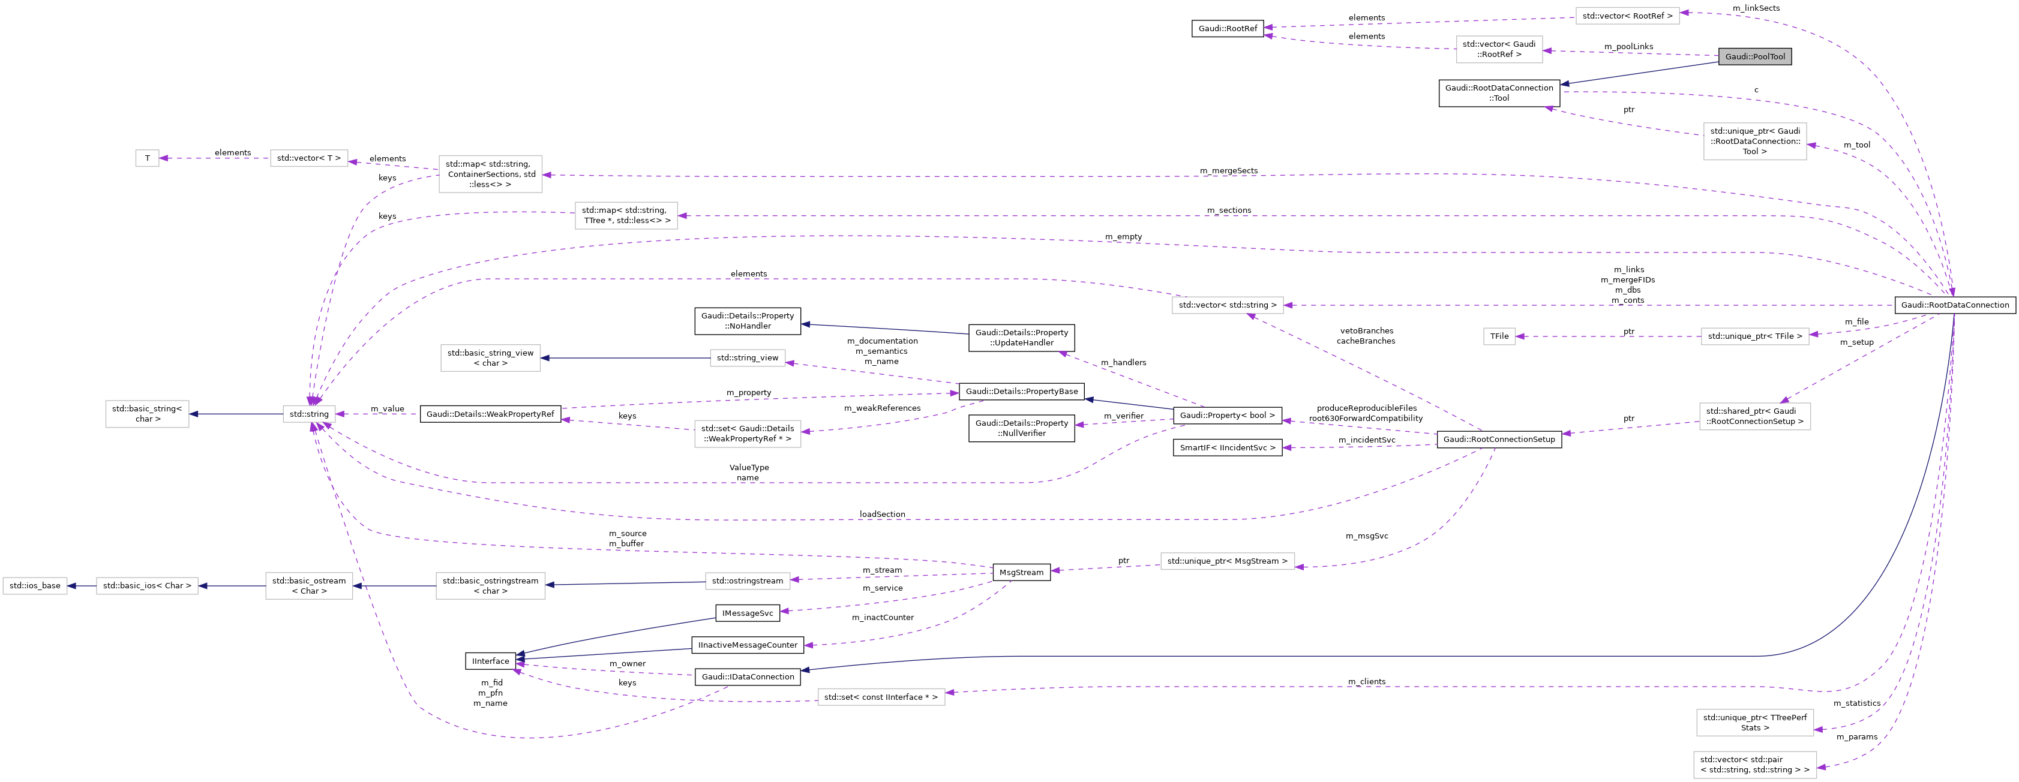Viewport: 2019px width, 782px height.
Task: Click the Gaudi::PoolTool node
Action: coord(1755,56)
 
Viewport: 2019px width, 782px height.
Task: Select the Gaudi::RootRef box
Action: coord(1228,29)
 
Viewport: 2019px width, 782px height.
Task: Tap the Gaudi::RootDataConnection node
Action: coord(1955,305)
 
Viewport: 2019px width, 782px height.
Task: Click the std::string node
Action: coord(309,414)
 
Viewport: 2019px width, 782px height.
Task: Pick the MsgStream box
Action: coord(1021,573)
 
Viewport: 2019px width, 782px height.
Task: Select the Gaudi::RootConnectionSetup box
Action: coord(1499,440)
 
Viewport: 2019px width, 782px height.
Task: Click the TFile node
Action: coord(1499,336)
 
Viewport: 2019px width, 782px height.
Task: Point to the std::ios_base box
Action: coord(34,585)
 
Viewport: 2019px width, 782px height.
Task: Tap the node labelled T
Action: coord(148,158)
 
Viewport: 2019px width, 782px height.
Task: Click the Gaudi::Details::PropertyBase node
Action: coord(1021,391)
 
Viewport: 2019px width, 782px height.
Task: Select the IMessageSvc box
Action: coord(748,613)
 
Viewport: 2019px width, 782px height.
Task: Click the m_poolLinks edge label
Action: coord(1628,46)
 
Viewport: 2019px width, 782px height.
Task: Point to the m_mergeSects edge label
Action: coord(1228,171)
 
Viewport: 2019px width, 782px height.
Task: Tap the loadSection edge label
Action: coord(882,515)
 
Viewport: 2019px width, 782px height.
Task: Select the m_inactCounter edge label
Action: coord(883,618)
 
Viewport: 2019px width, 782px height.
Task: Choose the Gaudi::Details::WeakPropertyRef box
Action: coord(490,414)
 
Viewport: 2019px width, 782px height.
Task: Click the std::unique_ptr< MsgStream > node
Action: coord(1226,561)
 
